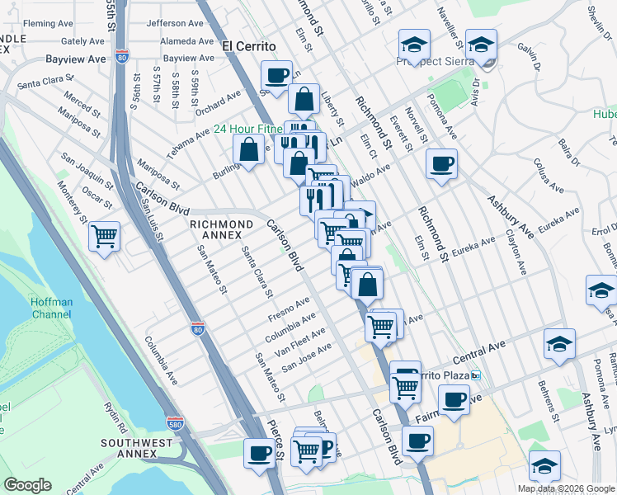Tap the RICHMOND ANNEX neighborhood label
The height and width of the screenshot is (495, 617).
point(221,224)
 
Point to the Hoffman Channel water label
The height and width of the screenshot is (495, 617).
point(52,308)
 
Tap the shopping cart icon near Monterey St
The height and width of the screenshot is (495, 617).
point(105,237)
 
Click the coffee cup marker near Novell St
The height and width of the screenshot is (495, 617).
point(442,163)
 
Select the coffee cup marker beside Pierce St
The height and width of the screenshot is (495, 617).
point(261,453)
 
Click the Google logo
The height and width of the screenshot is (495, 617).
point(29,484)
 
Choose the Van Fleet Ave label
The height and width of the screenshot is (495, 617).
point(303,339)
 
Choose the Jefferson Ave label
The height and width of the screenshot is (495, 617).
point(174,24)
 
